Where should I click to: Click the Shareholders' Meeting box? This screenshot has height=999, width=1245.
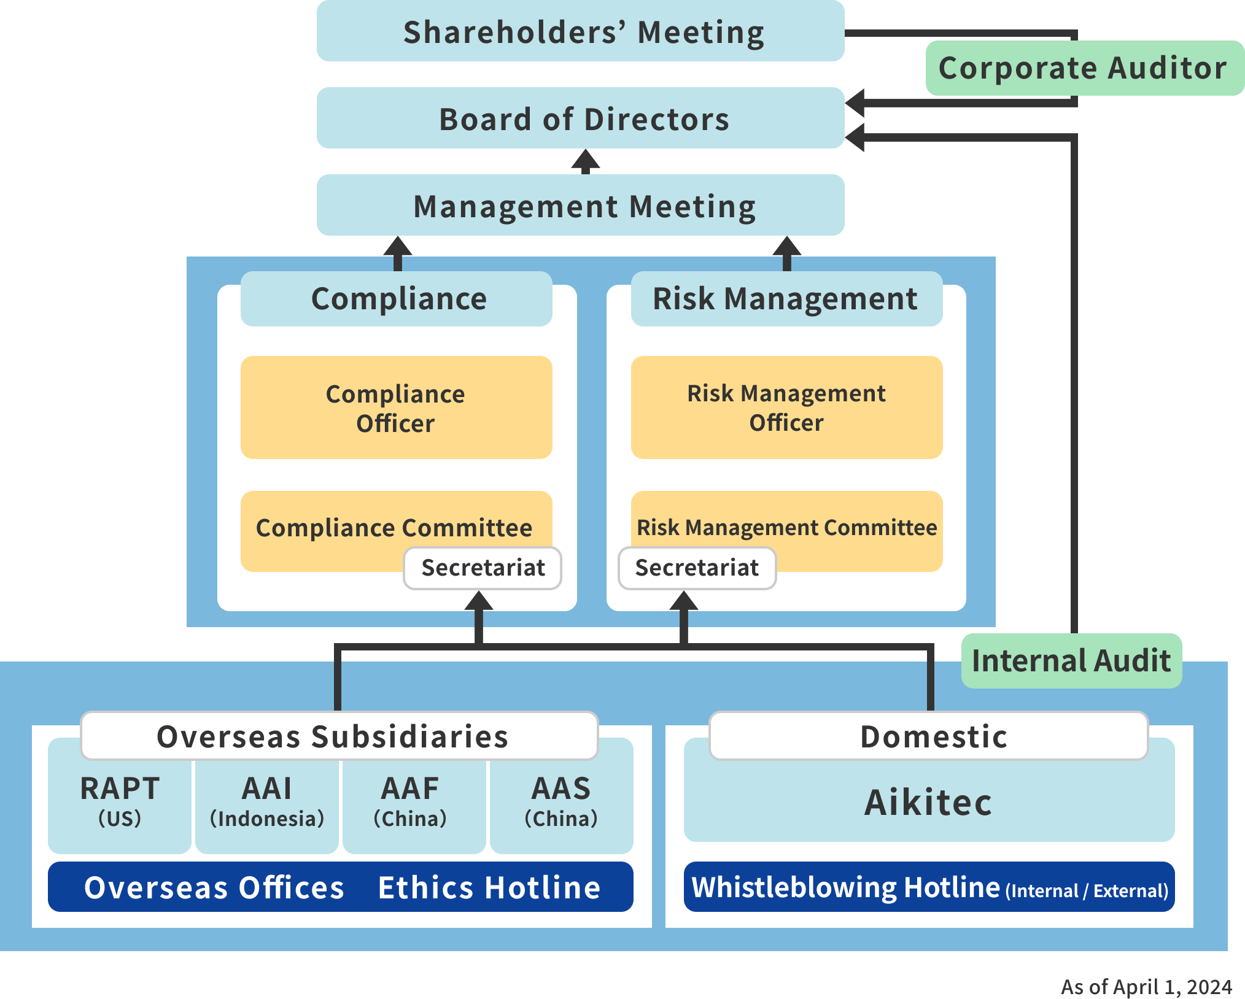(x=580, y=31)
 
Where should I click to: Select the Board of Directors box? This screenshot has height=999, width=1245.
(x=580, y=118)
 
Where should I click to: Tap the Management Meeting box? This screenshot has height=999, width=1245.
(x=580, y=206)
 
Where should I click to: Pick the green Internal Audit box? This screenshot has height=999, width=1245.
(x=1071, y=661)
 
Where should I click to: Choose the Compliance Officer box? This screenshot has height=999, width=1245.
(x=396, y=407)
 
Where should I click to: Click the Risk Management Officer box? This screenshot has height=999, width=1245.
(x=786, y=407)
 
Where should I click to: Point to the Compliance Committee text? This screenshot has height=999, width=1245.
(x=394, y=527)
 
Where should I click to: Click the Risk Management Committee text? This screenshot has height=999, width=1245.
(x=786, y=527)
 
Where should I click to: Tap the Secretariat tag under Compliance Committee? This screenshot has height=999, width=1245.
(x=483, y=568)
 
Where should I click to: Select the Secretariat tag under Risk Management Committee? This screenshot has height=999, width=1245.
(x=697, y=568)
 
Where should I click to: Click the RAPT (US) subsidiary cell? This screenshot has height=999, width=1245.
(x=120, y=801)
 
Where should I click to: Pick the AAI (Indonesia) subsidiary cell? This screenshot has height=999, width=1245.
(x=267, y=801)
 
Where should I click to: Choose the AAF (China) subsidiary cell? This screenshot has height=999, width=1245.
(x=410, y=801)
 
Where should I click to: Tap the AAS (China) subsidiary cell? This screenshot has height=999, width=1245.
(x=561, y=801)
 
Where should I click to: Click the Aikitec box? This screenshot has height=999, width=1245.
(x=928, y=802)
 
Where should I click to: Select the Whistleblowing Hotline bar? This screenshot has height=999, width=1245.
(x=929, y=887)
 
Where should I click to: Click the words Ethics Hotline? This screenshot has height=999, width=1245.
(x=489, y=887)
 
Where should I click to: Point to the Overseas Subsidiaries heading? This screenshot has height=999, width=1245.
(x=332, y=736)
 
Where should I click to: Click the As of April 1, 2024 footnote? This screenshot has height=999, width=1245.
(x=1146, y=986)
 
